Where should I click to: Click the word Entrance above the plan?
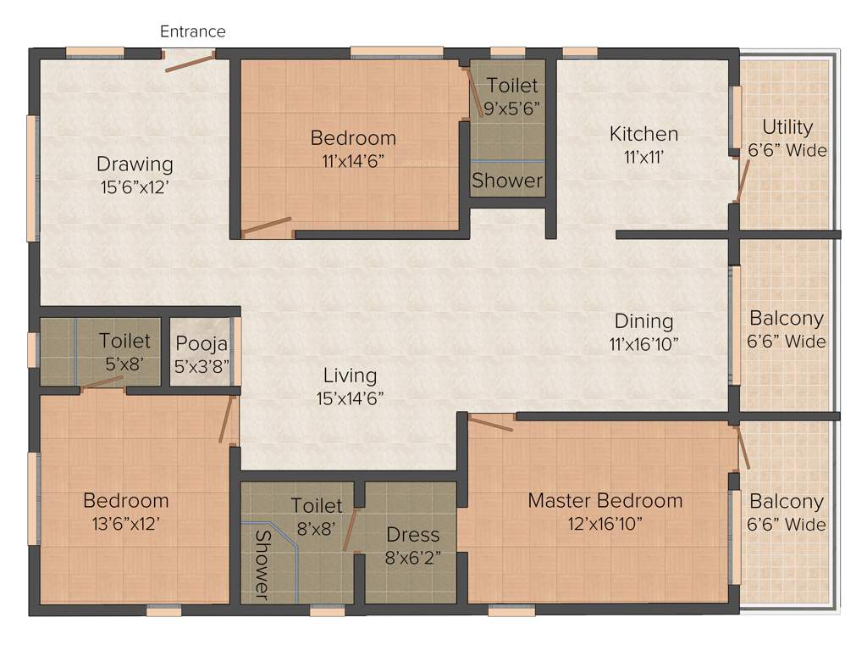(x=193, y=31)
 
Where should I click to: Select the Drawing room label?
(x=135, y=164)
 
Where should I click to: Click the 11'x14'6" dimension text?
(x=353, y=160)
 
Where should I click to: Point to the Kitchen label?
(x=644, y=134)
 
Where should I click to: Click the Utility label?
(x=787, y=127)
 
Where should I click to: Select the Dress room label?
(x=413, y=535)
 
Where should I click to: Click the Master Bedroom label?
(x=605, y=500)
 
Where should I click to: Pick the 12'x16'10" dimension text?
(x=605, y=523)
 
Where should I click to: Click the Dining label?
(x=644, y=321)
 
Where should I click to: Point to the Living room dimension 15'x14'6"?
(x=350, y=398)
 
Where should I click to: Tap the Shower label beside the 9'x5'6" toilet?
(x=507, y=181)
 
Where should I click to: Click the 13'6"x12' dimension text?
(x=125, y=523)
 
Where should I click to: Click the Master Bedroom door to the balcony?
(x=743, y=448)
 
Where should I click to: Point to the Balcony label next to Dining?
(x=787, y=319)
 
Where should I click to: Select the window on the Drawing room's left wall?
(x=32, y=177)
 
